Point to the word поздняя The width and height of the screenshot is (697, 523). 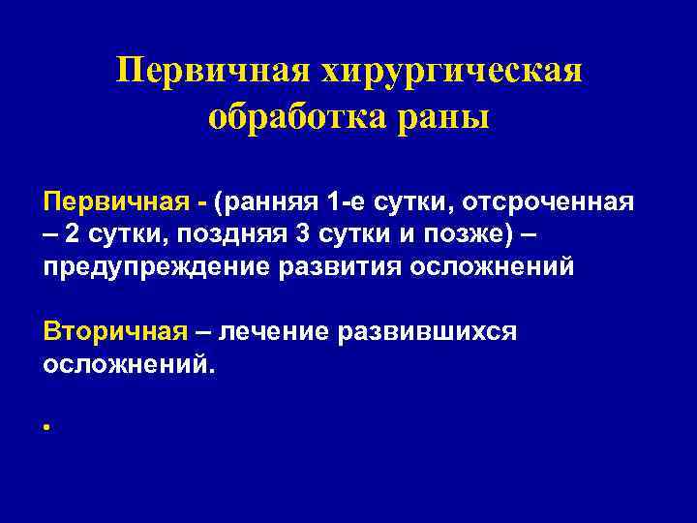pos(225,234)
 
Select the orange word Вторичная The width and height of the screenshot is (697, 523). pos(114,332)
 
